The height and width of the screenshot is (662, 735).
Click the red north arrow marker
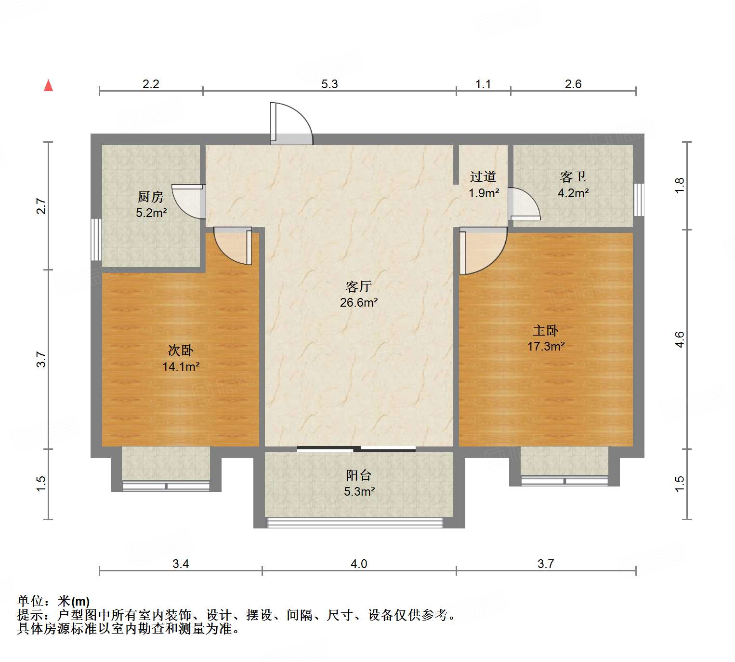coord(48,85)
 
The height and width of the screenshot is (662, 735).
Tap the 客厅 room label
coord(358,286)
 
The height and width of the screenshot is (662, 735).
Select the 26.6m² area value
coord(358,302)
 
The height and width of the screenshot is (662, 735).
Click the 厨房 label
coord(150,197)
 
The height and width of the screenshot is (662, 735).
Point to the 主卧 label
coord(545,330)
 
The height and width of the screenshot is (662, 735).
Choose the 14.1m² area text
coord(181,366)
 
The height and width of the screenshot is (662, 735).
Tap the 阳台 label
coord(358,475)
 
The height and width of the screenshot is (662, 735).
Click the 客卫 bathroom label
coord(573,177)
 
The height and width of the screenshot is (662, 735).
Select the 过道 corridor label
coord(483,177)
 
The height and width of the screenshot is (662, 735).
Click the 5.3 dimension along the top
coord(329,84)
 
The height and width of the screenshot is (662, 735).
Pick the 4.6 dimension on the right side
coord(679,339)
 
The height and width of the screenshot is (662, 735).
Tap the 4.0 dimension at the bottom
coord(358,564)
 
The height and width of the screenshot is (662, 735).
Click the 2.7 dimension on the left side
coord(41,206)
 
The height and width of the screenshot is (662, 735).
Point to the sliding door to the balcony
coord(356,449)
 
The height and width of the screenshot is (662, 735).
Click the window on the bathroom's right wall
coord(639,199)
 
